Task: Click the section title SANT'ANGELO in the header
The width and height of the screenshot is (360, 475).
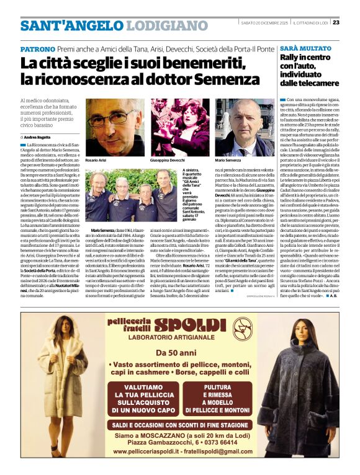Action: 61,26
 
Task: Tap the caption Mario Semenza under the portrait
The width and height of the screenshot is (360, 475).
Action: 229,160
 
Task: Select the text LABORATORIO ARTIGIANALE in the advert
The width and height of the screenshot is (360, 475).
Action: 179,339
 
